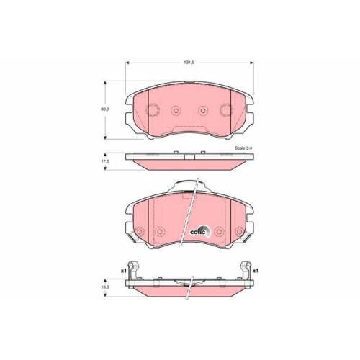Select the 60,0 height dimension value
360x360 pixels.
tap(104, 109)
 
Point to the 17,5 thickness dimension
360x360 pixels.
tap(105, 163)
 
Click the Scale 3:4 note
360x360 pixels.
tap(235, 148)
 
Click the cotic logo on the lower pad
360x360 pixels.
tap(199, 230)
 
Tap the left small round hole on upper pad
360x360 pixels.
tap(175, 110)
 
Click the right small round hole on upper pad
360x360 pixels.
tap(204, 110)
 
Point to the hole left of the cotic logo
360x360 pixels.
tap(160, 230)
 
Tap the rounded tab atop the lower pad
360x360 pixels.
tap(189, 186)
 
